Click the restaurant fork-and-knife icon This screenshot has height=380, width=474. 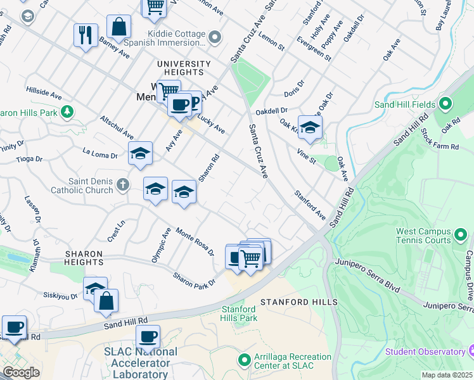pos(86,34)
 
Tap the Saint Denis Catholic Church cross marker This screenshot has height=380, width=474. pos(123,185)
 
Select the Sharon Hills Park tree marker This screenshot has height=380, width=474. pos(66,113)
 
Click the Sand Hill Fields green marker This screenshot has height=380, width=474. pos(445,104)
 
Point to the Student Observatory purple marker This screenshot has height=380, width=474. pos(470,351)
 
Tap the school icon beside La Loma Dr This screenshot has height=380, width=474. pos(141,153)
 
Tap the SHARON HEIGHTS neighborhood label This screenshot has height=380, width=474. pos(84,257)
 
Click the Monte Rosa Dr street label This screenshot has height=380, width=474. pos(195,241)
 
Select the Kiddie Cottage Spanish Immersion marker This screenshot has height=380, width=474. pos(215,38)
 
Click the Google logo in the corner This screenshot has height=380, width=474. pos(21,372)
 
